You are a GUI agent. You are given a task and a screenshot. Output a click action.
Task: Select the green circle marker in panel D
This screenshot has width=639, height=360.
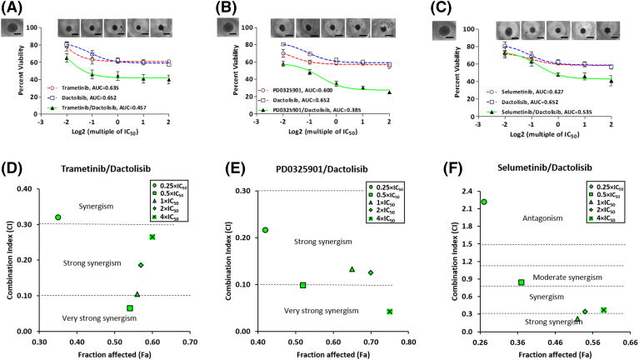(x=57, y=217)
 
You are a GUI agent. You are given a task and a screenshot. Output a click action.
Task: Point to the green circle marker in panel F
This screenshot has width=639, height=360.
(x=484, y=202)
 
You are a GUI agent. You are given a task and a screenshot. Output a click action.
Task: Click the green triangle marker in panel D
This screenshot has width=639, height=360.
(x=137, y=294)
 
